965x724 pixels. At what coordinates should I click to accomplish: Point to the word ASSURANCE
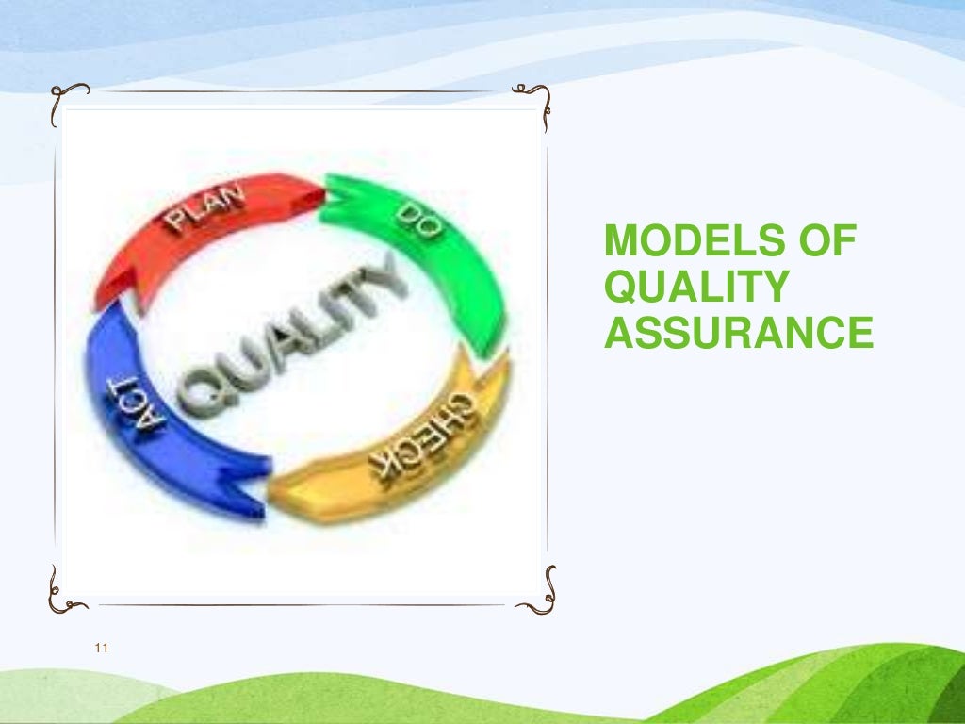738,333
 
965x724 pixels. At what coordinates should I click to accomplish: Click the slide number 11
103,648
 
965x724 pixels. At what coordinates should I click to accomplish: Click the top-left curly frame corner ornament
68,97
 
